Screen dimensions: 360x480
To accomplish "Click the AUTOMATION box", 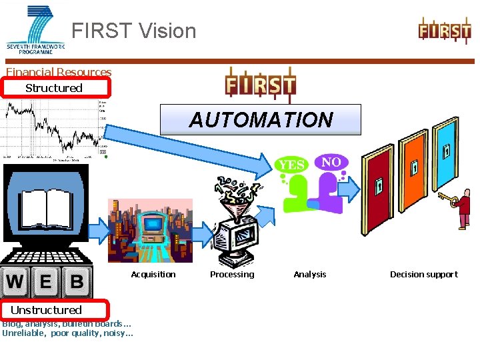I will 261,120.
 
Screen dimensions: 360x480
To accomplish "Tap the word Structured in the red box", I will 54,88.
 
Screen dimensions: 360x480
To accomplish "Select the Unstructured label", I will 46,310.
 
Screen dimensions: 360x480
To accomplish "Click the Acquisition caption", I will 153,274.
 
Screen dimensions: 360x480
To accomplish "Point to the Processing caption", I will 232,274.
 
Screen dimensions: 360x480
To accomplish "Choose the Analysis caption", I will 310,274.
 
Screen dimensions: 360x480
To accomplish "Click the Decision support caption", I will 424,274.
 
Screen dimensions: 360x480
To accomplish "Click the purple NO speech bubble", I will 331,162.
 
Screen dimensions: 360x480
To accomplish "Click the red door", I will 378,190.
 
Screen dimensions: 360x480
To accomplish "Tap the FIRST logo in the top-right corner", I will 445,31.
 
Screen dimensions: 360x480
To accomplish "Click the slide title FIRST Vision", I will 134,31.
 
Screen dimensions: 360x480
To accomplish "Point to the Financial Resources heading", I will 59,72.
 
